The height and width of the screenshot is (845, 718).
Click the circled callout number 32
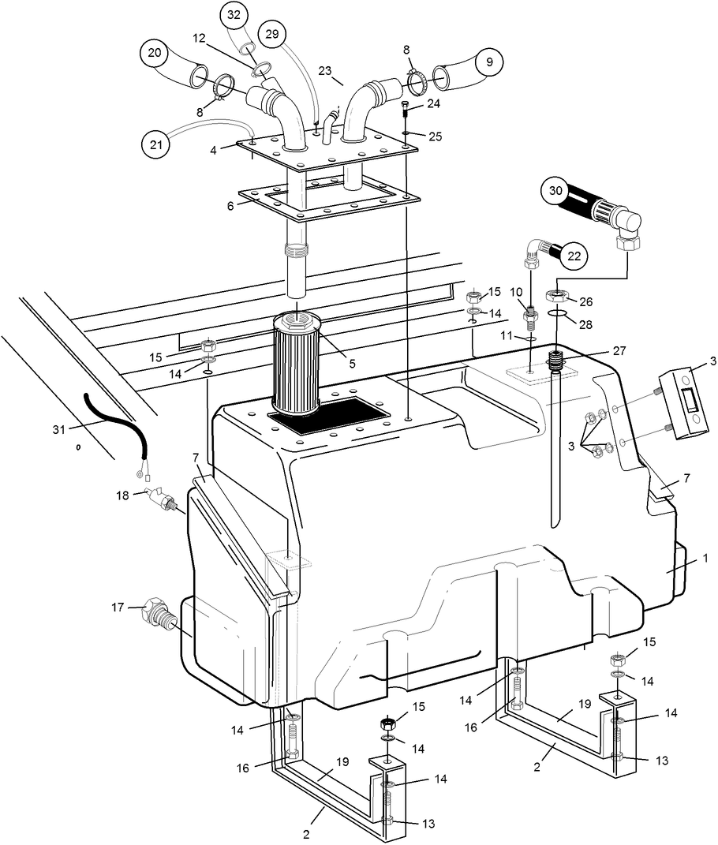235,15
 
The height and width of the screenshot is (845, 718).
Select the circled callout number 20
155,54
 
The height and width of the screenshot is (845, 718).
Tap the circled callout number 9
488,61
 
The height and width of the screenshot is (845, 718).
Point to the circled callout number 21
156,144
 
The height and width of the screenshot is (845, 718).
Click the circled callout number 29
272,34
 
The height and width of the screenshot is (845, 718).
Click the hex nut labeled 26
559,297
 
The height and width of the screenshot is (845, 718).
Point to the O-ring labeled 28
558,316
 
